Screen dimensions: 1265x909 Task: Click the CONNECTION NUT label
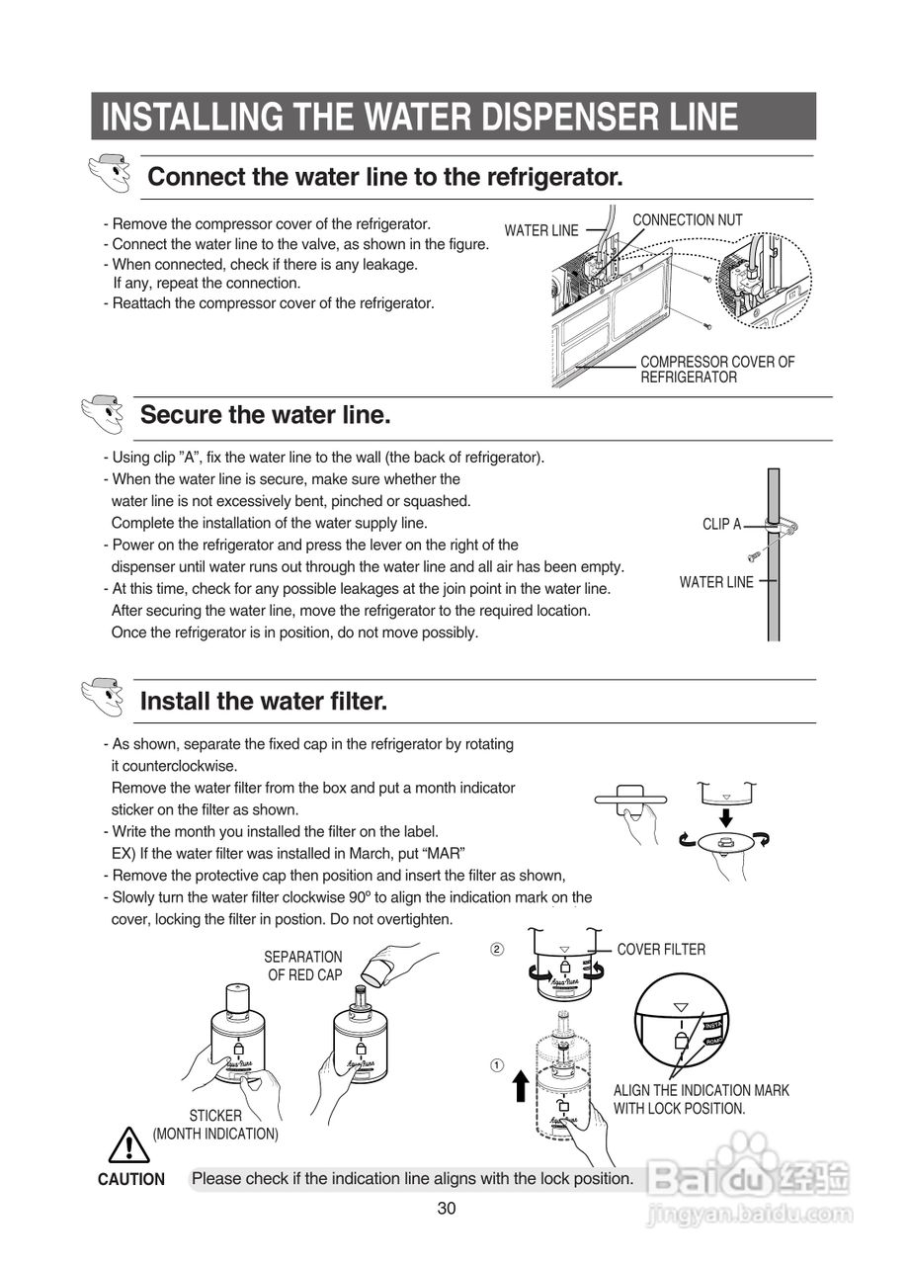[687, 220]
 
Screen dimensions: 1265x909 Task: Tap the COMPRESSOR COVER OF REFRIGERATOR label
[716, 370]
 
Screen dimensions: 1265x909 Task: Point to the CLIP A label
[721, 525]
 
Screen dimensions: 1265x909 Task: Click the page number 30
[447, 1208]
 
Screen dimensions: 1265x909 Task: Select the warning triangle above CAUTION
[129, 1146]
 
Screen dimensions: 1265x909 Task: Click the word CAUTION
[131, 1179]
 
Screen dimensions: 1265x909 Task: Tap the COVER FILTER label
[661, 950]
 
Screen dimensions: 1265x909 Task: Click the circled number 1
[497, 1065]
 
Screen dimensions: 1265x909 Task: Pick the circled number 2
[497, 950]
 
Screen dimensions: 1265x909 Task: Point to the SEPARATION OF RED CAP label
[303, 966]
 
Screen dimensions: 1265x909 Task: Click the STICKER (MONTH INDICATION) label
[215, 1125]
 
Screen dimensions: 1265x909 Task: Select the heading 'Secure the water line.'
[266, 415]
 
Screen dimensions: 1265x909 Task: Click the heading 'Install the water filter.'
[264, 702]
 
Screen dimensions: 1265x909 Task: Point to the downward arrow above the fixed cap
[725, 817]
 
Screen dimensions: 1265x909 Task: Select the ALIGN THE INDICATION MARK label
[702, 1090]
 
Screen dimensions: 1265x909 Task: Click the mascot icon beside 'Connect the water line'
[109, 176]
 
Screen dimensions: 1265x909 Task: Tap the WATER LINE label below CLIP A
[716, 582]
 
